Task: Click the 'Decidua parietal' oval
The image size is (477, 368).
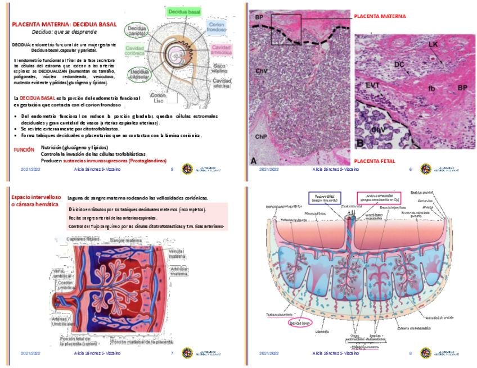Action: [137, 31]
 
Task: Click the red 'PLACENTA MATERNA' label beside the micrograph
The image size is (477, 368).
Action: [380, 17]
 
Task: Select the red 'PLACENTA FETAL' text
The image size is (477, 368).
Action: [374, 161]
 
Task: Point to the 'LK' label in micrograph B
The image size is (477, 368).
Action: [432, 44]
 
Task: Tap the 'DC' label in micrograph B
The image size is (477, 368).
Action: [399, 65]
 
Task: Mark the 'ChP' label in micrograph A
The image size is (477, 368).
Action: [261, 137]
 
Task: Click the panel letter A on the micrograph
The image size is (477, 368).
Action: [254, 161]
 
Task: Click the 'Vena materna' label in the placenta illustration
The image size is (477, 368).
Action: [177, 254]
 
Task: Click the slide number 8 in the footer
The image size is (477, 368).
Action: [411, 353]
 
